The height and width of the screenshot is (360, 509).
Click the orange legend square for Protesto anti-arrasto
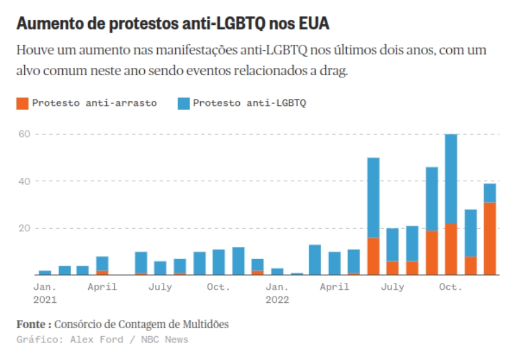click(x=23, y=104)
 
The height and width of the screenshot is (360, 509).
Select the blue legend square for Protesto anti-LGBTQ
click(x=184, y=104)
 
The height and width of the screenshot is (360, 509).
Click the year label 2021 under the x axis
click(x=45, y=299)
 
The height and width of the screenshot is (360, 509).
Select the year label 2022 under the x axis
click(x=277, y=299)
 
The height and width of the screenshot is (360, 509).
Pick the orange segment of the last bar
click(x=490, y=238)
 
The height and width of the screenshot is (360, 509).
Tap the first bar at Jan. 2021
click(x=45, y=272)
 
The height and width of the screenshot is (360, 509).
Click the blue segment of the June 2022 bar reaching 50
click(x=373, y=198)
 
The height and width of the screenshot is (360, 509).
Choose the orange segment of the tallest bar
click(x=451, y=249)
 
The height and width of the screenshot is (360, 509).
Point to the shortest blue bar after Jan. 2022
click(x=296, y=273)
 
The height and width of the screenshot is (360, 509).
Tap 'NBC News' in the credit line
click(x=165, y=340)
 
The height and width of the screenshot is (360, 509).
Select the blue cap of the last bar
click(x=490, y=193)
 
